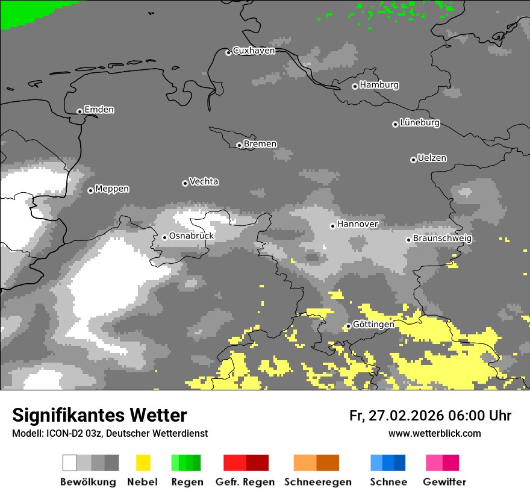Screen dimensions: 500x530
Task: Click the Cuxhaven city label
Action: tap(254, 51)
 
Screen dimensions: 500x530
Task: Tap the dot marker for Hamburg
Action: tap(355, 86)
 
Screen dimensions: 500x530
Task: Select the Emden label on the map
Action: tap(99, 110)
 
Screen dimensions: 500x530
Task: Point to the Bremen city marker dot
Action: tap(239, 145)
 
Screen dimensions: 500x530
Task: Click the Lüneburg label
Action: tap(420, 123)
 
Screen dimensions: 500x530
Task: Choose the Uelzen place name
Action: tap(432, 158)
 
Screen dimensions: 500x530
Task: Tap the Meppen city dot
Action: tap(90, 190)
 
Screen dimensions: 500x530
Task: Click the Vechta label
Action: tap(204, 182)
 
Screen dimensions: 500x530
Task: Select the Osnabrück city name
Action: tap(192, 236)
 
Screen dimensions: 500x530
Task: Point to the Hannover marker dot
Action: tap(332, 226)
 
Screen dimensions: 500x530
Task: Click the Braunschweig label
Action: tap(442, 239)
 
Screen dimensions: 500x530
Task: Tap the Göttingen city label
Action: tap(373, 325)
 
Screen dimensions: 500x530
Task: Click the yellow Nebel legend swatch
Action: tap(143, 463)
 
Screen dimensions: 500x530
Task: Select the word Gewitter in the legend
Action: tap(444, 482)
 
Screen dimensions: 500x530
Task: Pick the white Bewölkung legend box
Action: tap(70, 463)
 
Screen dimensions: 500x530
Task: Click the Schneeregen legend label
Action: tap(318, 482)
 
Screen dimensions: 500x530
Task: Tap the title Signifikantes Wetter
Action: tap(99, 415)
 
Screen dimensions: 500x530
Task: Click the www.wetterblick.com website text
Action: tap(435, 433)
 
